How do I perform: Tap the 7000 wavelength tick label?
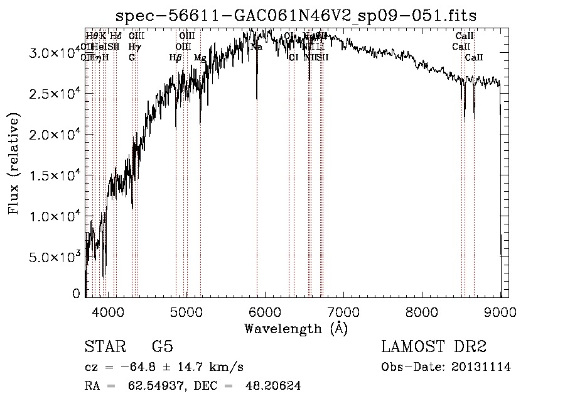(343, 311)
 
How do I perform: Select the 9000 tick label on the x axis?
(500, 311)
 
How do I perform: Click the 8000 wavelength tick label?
(422, 311)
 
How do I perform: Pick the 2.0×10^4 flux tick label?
(54, 135)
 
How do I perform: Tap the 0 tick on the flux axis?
(77, 294)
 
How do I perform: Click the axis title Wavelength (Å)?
(296, 328)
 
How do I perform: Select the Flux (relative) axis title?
(14, 163)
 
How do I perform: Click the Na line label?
(256, 47)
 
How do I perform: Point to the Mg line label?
(200, 58)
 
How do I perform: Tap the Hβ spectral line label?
(176, 58)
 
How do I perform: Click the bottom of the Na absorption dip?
(257, 98)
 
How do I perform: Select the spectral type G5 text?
(163, 347)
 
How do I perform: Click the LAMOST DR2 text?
(434, 347)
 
